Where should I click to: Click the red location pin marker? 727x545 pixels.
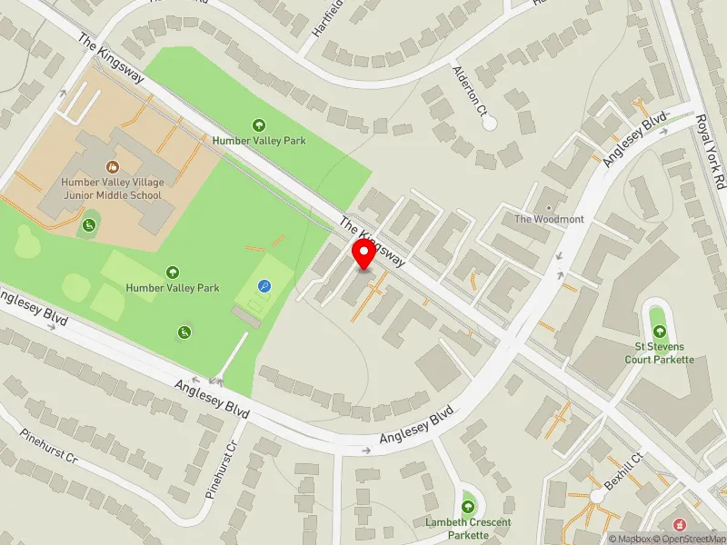[363, 255]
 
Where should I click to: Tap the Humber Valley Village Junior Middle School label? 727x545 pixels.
[111, 188]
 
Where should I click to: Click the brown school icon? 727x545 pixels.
[112, 166]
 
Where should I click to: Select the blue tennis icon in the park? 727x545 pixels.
[264, 286]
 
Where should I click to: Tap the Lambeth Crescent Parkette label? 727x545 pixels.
[468, 529]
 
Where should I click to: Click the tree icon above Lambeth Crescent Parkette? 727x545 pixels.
[468, 506]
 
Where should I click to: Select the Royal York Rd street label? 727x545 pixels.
[711, 151]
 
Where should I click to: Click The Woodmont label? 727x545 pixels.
[549, 219]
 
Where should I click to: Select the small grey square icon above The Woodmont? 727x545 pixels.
[548, 205]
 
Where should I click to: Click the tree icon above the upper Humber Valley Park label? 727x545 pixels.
[259, 125]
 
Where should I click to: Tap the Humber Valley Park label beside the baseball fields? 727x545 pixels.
[173, 288]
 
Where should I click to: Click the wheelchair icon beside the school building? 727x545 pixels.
[89, 225]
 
